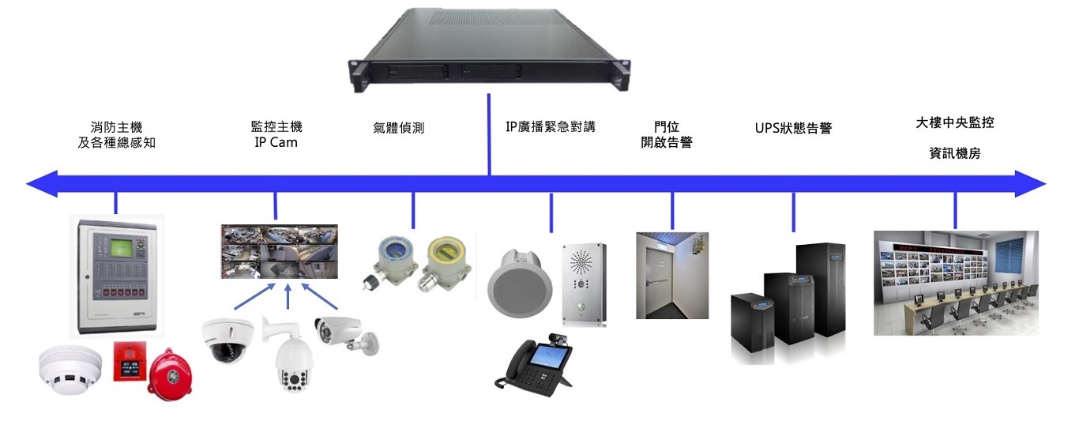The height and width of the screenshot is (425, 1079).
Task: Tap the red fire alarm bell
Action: click(171, 374)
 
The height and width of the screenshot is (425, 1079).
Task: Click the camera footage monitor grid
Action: click(280, 251)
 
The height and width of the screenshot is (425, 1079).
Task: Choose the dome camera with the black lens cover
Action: click(227, 339)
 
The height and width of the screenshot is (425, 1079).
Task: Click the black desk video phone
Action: click(537, 364)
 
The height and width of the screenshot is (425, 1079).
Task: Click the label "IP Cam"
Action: click(276, 143)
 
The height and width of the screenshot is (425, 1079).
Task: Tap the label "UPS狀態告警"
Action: click(793, 128)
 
